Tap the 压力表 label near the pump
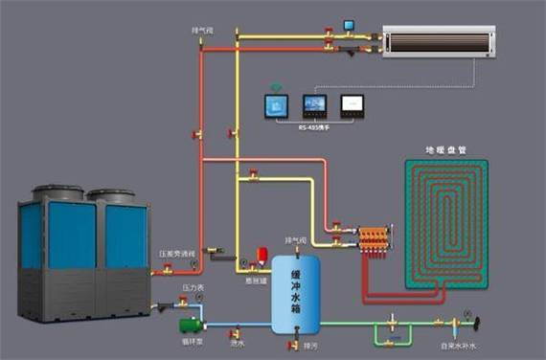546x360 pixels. (192, 286)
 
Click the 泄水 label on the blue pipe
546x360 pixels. (239, 341)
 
